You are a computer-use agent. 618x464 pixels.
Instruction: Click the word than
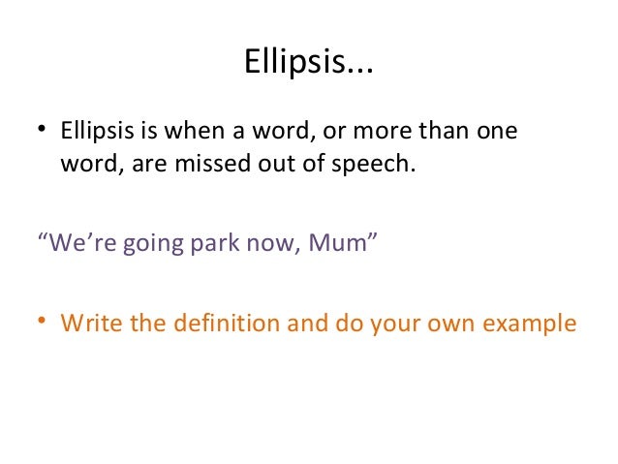point(443,130)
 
